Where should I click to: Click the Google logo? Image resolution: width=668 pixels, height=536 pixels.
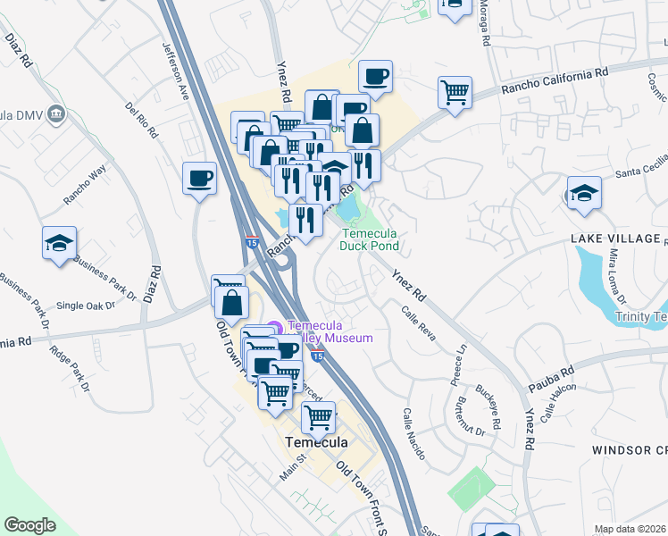tap(29, 525)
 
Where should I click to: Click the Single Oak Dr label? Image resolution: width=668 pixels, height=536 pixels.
tap(86, 305)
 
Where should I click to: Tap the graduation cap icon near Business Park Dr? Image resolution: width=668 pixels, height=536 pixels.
tap(59, 243)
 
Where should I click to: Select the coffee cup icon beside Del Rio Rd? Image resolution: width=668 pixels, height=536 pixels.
tap(199, 178)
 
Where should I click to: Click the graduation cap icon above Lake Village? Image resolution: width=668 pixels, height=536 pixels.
tap(584, 192)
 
